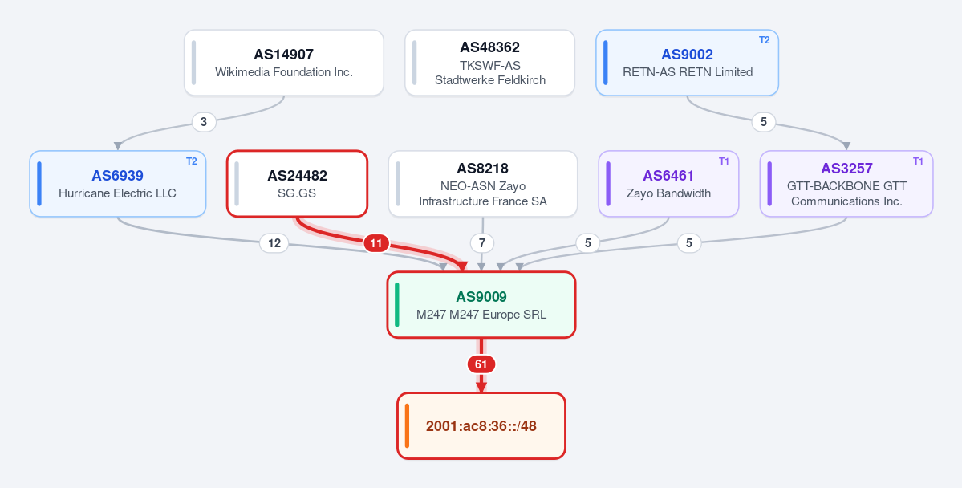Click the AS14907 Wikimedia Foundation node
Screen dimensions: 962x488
tap(284, 63)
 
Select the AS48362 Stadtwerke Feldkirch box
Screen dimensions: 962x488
tap(489, 63)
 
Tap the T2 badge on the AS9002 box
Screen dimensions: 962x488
tap(764, 40)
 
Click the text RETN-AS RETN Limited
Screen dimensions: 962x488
tap(687, 71)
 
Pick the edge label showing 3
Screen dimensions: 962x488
tap(204, 122)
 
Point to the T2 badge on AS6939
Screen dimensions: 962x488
tap(192, 161)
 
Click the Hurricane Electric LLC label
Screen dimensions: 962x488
tap(117, 193)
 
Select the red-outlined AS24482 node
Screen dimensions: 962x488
tap(297, 184)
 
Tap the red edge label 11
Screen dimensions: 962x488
tap(376, 244)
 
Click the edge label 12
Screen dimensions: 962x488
tap(274, 244)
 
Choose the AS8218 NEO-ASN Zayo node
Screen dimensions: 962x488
tap(483, 184)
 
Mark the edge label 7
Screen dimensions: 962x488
tap(481, 244)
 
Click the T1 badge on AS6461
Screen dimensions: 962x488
tap(724, 161)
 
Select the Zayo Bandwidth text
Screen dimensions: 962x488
tap(668, 193)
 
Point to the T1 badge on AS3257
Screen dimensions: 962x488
tap(918, 161)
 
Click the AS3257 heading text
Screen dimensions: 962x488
tap(846, 169)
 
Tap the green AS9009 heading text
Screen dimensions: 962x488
tap(481, 297)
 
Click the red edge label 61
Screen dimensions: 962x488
tap(481, 364)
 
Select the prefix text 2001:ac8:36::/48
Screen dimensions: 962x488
tap(481, 426)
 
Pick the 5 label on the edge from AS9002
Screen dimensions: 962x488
tap(763, 122)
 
